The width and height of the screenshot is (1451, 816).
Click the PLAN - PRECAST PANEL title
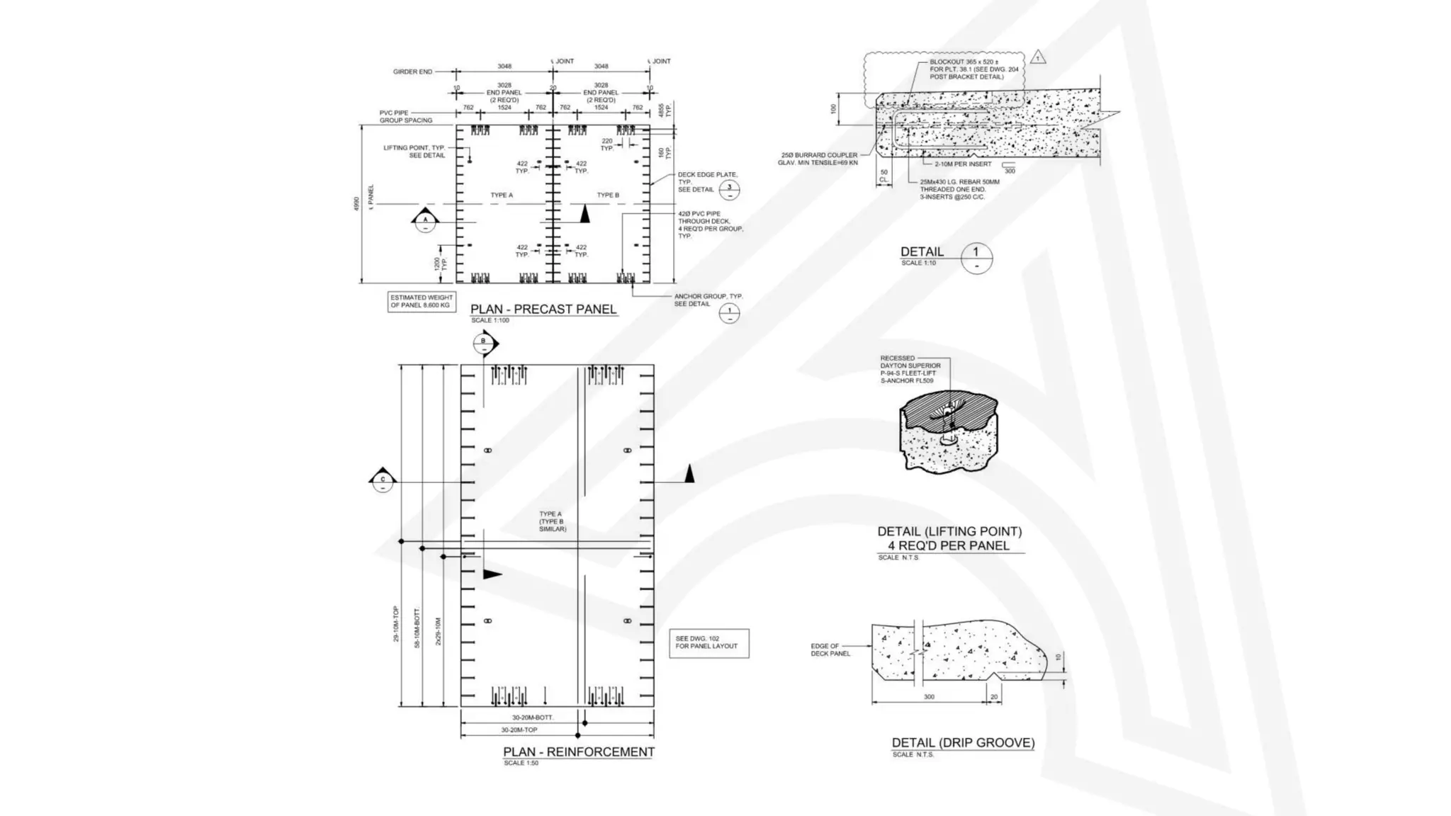click(543, 310)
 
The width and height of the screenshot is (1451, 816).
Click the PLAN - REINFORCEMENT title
click(578, 752)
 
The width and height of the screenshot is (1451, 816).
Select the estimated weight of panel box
click(422, 301)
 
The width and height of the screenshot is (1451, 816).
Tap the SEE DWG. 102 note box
click(708, 643)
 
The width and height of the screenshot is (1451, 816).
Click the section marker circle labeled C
click(383, 481)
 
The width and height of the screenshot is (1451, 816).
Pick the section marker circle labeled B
click(484, 343)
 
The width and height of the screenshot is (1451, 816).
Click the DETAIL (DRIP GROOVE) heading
click(963, 743)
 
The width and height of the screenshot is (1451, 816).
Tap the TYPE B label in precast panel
click(608, 195)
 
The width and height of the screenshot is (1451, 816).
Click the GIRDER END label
click(412, 72)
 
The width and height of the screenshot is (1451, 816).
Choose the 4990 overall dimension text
click(356, 204)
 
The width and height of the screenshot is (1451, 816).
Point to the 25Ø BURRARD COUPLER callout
click(819, 159)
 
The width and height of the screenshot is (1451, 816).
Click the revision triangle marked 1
click(1038, 58)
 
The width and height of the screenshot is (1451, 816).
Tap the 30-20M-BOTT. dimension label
click(532, 718)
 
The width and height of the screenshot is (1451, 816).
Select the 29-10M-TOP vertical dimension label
click(396, 624)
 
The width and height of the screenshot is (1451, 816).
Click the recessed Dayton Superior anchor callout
click(910, 370)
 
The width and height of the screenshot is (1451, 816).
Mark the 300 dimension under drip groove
click(929, 697)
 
